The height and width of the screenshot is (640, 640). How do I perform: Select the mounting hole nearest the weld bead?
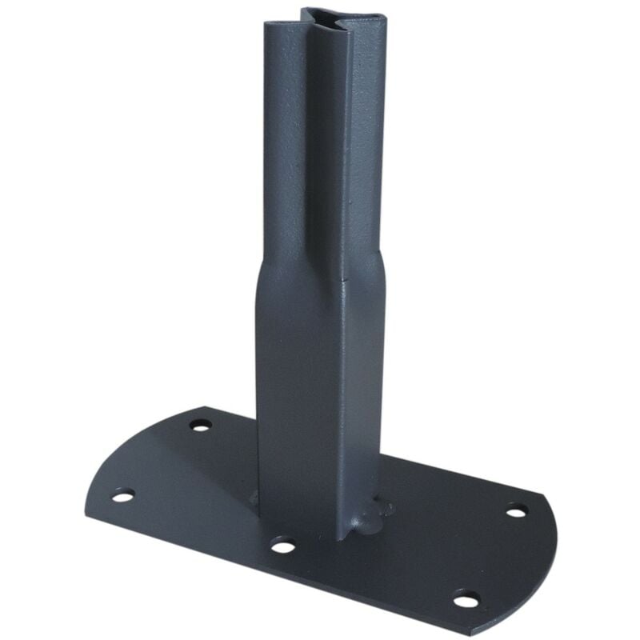(282, 546)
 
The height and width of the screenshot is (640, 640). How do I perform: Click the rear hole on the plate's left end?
(200, 424)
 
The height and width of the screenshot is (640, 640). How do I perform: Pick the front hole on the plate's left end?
(122, 496)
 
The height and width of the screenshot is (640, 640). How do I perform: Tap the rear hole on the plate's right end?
(516, 510)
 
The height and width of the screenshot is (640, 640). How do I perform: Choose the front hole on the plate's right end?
(466, 598)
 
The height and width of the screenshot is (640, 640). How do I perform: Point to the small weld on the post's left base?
(254, 498)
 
